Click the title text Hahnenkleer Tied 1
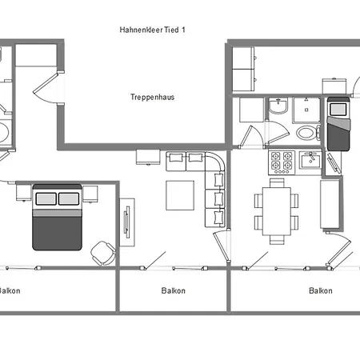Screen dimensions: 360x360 click(152, 30)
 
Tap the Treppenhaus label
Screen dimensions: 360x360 click(152, 97)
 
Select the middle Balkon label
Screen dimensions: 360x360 click(174, 290)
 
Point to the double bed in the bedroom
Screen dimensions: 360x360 click(57, 217)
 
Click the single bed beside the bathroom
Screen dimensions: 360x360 click(338, 124)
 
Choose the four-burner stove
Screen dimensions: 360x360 click(282, 162)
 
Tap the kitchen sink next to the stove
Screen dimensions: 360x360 click(310, 160)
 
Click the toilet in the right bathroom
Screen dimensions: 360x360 click(308, 133)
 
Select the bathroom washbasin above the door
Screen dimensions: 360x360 click(278, 106)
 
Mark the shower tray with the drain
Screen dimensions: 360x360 click(306, 110)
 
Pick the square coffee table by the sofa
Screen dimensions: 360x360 click(180, 195)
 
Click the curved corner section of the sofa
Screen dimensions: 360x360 click(215, 162)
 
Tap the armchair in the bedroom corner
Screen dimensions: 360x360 click(103, 254)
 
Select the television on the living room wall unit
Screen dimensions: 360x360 click(127, 222)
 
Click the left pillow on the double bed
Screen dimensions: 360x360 click(46, 199)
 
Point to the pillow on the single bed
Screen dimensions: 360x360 click(338, 110)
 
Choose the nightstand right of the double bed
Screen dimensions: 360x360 click(90, 194)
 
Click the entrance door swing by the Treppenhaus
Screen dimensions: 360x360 click(46, 88)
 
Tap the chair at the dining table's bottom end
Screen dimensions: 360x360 click(277, 240)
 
